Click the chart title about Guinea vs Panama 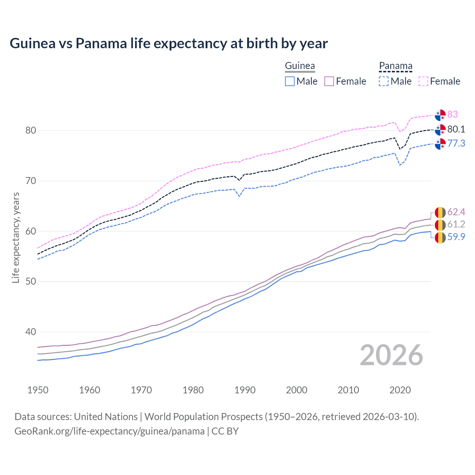point(168,43)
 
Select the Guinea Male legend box point(290,81)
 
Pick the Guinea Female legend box point(330,81)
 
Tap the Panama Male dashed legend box point(384,81)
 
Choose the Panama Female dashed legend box point(423,81)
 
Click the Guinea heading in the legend point(300,66)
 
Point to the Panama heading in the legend point(396,66)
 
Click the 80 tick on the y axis point(31,131)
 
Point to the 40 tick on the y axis point(31,332)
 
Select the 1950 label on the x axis point(38,390)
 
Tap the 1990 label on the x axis point(245,390)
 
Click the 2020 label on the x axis point(400,390)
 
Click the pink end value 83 point(452,114)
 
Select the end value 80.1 point(456,129)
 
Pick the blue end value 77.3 point(456,143)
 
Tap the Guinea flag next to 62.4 point(440,212)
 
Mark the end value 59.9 point(456,237)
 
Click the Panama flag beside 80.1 point(440,130)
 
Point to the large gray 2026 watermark point(392,356)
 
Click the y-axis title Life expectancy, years point(16,237)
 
